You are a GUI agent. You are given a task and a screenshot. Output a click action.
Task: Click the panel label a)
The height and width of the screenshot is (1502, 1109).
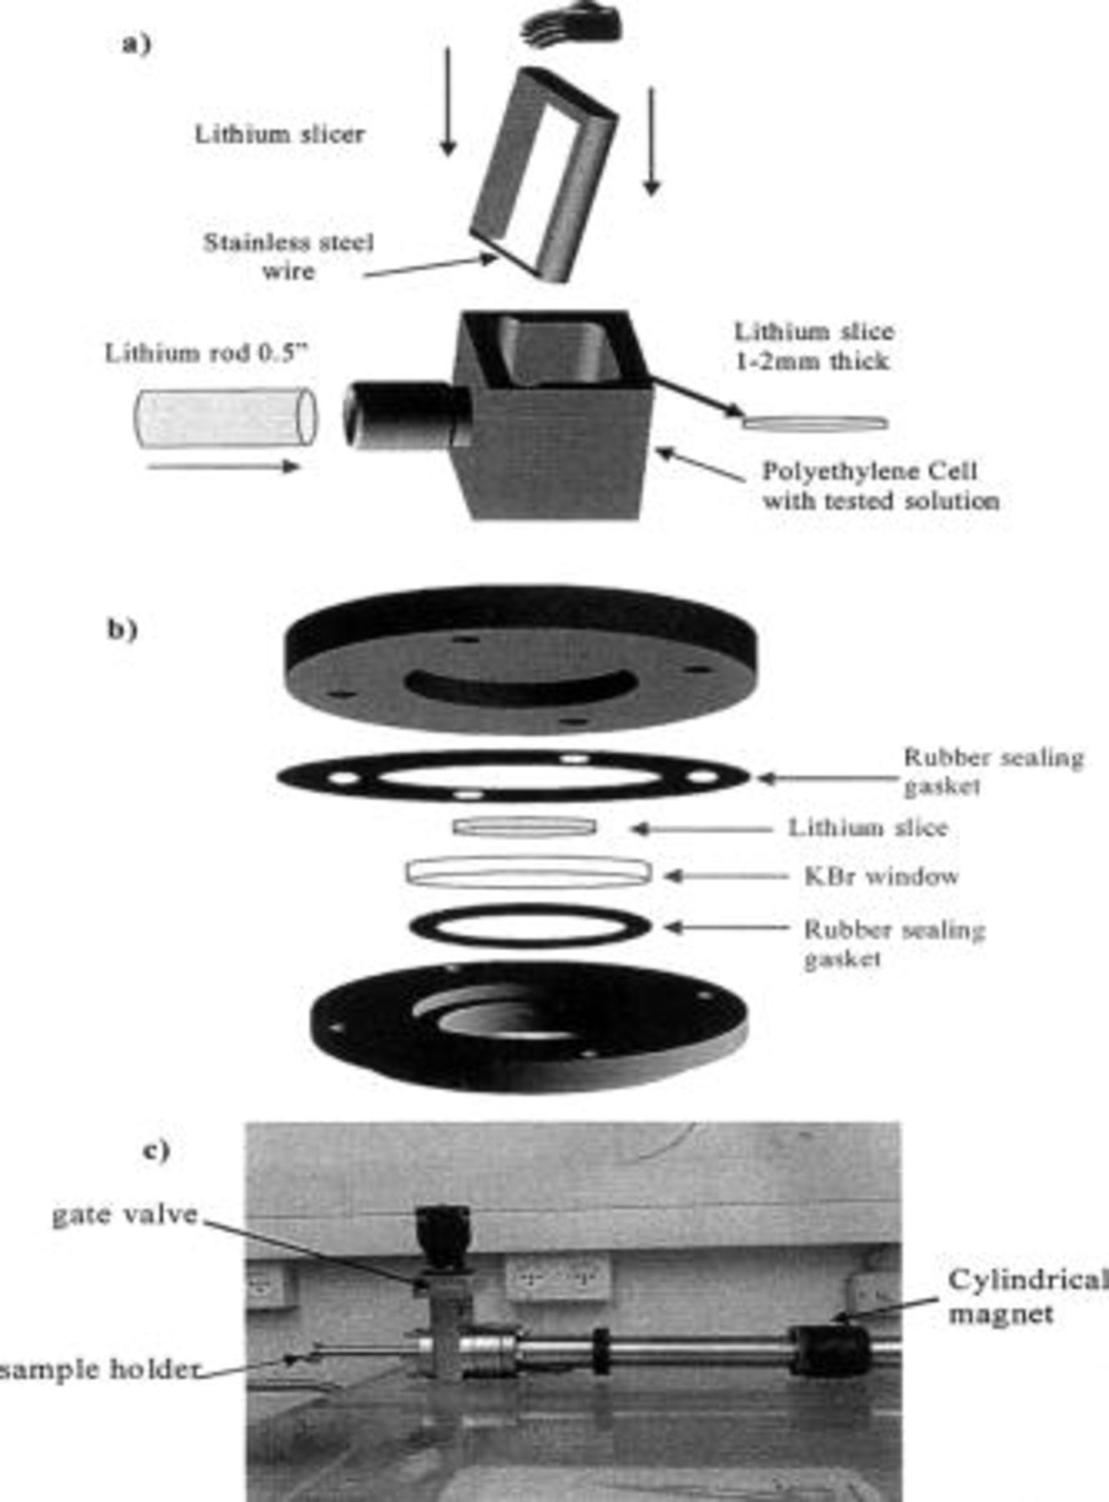tap(136, 43)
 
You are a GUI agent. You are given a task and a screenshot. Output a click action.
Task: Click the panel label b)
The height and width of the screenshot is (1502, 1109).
tap(122, 628)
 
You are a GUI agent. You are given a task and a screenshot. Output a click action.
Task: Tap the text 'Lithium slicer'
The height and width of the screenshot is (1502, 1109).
tap(280, 134)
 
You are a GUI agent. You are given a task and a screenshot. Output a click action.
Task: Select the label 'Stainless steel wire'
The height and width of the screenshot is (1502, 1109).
tap(289, 256)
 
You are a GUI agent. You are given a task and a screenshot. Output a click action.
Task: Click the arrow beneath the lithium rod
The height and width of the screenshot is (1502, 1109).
tap(223, 466)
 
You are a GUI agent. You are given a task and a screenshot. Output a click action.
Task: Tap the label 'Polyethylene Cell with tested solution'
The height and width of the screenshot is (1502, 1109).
tap(880, 486)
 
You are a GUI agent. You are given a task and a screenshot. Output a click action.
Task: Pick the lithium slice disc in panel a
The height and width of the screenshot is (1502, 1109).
tap(814, 424)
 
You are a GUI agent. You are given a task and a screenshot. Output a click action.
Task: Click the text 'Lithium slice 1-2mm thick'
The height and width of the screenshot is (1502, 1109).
tap(814, 346)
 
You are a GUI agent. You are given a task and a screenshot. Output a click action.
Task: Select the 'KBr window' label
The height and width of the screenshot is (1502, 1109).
tap(881, 876)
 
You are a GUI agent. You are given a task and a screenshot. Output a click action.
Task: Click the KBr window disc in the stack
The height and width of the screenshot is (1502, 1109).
tap(528, 872)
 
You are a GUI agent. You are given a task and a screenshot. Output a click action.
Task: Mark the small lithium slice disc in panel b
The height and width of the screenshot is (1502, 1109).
tap(525, 827)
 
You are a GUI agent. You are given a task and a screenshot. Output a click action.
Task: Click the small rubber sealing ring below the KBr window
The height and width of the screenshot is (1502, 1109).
tap(531, 927)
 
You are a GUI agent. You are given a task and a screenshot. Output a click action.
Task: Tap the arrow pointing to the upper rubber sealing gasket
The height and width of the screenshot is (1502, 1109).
tap(826, 778)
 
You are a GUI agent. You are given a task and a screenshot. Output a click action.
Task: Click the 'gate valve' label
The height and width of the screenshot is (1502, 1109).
tap(125, 1214)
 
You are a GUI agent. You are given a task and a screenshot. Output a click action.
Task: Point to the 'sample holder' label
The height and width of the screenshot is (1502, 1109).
tap(100, 1369)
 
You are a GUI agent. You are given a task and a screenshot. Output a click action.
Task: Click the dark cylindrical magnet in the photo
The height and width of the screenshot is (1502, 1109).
tap(829, 1351)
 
